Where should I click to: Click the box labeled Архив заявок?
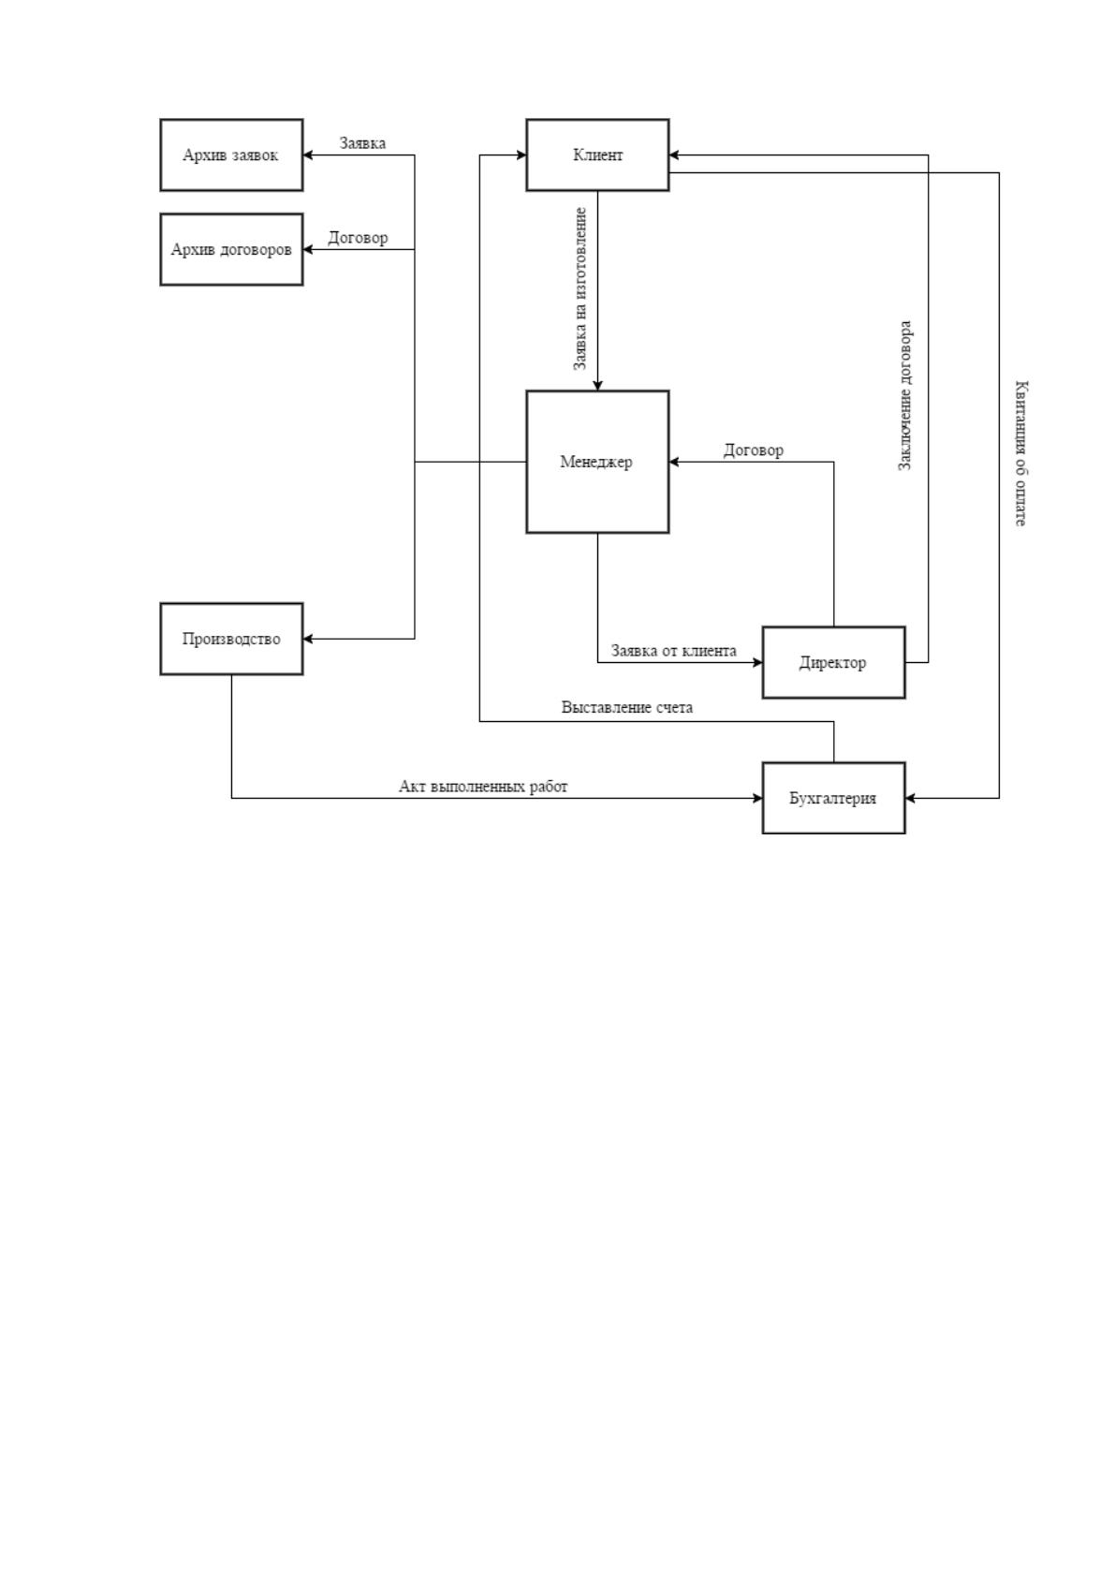[x=231, y=155]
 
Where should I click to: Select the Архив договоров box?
[x=231, y=249]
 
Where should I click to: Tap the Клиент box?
[x=597, y=155]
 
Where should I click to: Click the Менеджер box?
[x=597, y=462]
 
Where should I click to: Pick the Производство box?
[x=231, y=639]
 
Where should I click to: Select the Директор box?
[x=833, y=662]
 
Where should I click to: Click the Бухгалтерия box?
[x=833, y=799]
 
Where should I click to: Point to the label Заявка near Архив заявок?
[x=362, y=143]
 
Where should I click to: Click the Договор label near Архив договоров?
[x=358, y=238]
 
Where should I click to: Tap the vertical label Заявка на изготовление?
[x=580, y=288]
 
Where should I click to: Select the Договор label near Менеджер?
[x=754, y=450]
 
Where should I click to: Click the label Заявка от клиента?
[x=674, y=651]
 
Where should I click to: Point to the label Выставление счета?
[x=626, y=708]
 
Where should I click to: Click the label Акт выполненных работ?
[x=483, y=787]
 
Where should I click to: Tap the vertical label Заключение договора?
[x=905, y=396]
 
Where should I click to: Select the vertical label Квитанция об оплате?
[x=1021, y=452]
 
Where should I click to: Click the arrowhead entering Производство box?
[x=308, y=639]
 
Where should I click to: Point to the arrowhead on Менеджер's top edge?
[x=597, y=385]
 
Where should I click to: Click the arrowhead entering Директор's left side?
[x=757, y=662]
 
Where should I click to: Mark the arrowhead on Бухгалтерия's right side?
[x=911, y=799]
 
